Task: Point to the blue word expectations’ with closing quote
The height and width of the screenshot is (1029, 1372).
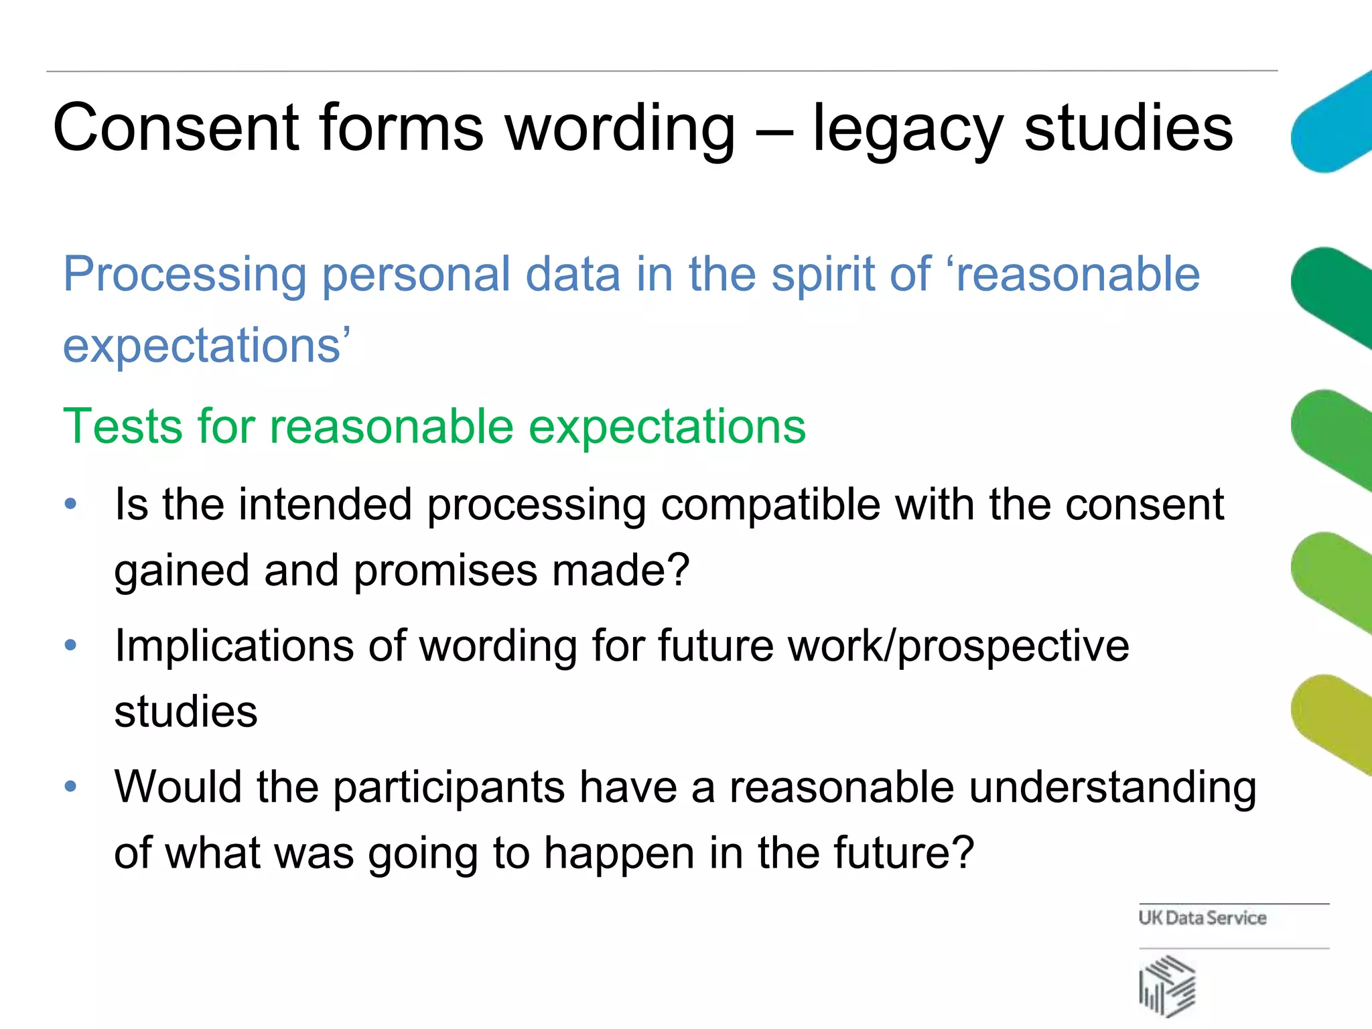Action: coord(206,346)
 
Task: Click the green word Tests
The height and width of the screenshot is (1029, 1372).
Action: coord(122,426)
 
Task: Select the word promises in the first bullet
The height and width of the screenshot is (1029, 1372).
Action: coord(445,571)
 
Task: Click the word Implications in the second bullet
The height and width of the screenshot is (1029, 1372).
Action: coord(234,646)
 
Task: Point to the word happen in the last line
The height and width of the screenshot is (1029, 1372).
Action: coord(618,854)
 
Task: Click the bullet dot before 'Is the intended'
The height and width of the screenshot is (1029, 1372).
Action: coord(71,504)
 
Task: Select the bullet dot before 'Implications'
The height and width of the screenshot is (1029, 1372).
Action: coord(71,646)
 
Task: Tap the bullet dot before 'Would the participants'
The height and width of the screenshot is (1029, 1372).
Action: coord(71,786)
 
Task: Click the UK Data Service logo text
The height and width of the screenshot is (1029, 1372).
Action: coord(1203,918)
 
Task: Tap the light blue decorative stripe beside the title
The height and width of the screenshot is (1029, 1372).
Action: coord(1330,124)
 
